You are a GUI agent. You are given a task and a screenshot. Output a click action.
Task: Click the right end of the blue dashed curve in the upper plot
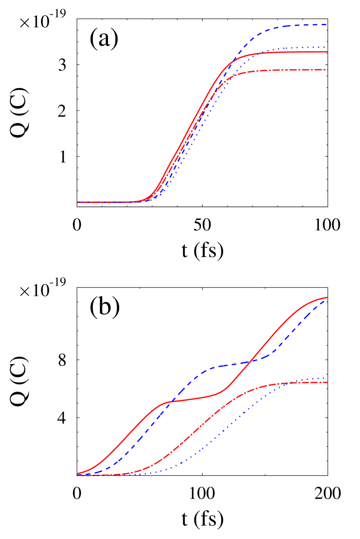point(327,25)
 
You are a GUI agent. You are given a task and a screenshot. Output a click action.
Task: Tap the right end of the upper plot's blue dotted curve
point(327,47)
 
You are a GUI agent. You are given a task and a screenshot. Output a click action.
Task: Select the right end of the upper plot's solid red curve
point(327,52)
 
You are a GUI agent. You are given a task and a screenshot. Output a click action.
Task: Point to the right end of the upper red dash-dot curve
point(327,70)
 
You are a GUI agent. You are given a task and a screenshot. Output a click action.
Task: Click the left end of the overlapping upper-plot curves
point(78,202)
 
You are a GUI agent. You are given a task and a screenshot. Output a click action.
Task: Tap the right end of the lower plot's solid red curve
point(327,297)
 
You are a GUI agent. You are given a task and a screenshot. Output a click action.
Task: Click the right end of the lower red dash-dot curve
point(327,382)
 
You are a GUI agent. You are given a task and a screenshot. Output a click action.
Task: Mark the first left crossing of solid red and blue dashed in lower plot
point(173,400)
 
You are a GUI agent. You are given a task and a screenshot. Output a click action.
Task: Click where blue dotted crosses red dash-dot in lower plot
point(289,382)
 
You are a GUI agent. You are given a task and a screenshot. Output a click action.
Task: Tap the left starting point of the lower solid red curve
point(78,474)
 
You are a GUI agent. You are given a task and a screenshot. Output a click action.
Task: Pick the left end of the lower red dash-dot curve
point(78,475)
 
